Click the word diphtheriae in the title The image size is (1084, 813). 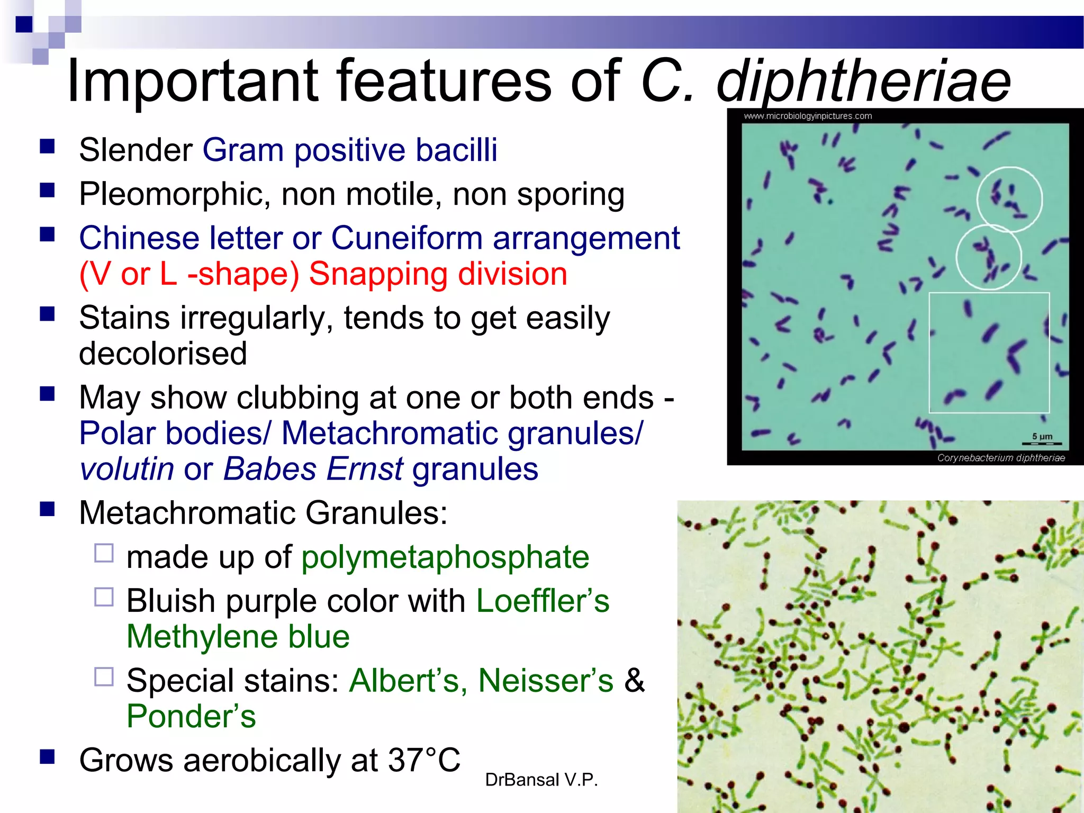coord(863,82)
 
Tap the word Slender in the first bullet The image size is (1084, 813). coord(135,150)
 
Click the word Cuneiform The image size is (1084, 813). coord(406,238)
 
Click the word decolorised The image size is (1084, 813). coord(163,354)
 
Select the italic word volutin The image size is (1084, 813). coord(127,469)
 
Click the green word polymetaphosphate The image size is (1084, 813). coord(445,557)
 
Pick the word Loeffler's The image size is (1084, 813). coord(543,601)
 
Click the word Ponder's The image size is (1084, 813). coord(191,716)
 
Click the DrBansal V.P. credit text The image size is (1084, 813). coord(541,780)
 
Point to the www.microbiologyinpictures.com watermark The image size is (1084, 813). coord(808,116)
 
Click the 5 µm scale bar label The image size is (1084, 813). coord(1042,437)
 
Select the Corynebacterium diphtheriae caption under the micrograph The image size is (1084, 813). coord(1000,458)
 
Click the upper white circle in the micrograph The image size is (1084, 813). coord(1009,199)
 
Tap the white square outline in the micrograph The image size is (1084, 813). coord(989,353)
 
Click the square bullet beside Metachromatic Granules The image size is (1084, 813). coord(48,509)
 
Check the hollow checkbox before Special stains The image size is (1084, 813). coord(104,676)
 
